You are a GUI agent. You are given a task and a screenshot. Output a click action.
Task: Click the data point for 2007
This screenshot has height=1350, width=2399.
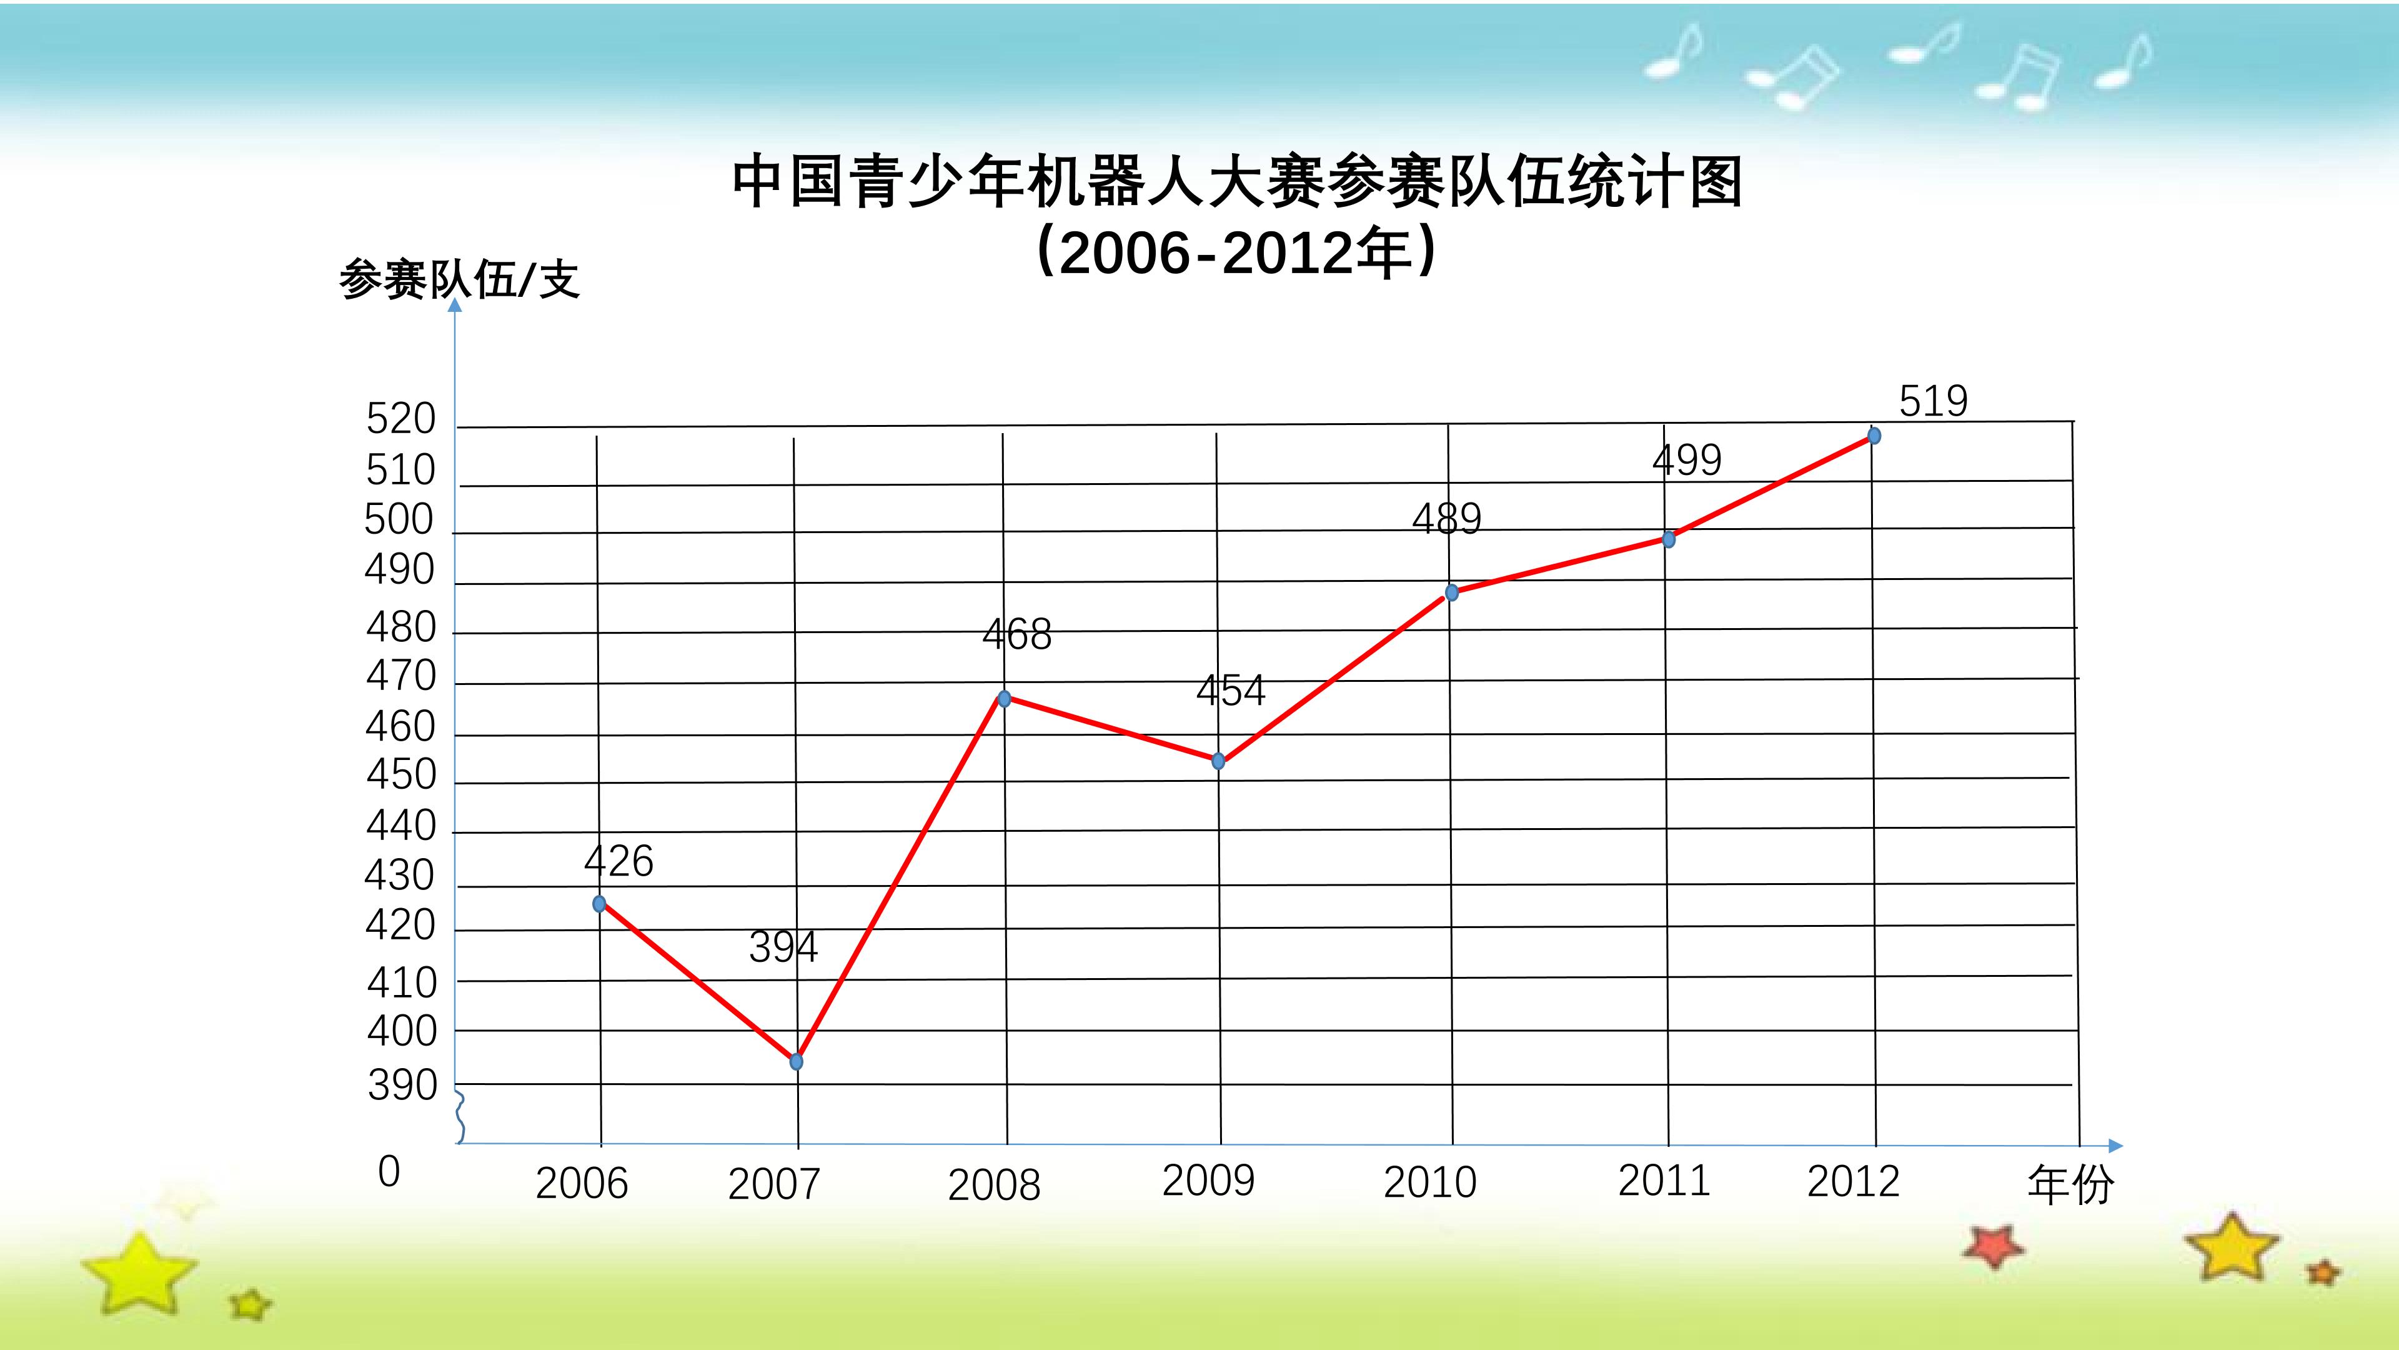click(x=797, y=1061)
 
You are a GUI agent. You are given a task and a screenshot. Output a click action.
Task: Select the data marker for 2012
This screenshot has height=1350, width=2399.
click(x=1874, y=435)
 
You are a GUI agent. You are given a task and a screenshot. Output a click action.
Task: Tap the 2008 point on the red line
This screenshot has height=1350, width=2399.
click(x=1004, y=698)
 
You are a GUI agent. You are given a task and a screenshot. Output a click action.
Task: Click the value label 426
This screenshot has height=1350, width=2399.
click(x=619, y=860)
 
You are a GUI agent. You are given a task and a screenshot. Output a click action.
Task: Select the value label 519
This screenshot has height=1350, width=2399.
click(x=1934, y=401)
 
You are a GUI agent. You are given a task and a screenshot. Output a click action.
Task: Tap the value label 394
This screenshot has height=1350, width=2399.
click(x=783, y=947)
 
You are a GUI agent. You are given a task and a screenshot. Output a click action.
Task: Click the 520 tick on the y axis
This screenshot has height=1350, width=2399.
click(x=400, y=419)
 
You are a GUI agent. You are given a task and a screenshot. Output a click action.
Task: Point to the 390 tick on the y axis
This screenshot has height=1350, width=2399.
click(x=402, y=1086)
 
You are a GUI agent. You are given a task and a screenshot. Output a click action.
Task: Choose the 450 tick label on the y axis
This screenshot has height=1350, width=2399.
click(x=401, y=774)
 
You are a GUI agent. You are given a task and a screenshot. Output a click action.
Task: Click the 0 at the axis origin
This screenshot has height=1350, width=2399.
click(x=389, y=1171)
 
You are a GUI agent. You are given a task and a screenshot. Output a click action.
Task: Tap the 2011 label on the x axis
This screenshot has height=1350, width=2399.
click(x=1664, y=1181)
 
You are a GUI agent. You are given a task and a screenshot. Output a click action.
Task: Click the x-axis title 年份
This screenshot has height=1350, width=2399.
click(x=2070, y=1184)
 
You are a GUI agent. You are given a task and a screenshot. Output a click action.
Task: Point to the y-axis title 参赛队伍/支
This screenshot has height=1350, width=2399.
click(x=459, y=279)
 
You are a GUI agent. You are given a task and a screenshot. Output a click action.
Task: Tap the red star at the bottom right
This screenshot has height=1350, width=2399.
click(x=1993, y=1246)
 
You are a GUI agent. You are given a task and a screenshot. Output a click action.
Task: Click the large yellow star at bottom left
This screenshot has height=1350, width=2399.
click(x=140, y=1272)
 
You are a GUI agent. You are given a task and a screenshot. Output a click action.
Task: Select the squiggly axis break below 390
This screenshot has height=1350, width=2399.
click(x=460, y=1116)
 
